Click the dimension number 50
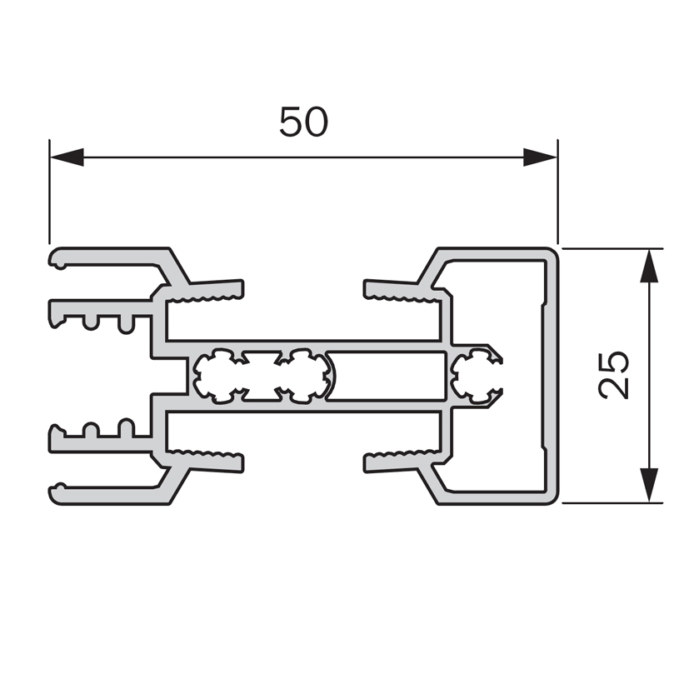point(303,122)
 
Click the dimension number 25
point(614,375)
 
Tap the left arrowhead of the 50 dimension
point(67,157)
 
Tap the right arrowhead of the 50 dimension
point(540,157)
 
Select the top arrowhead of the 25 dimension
point(649,266)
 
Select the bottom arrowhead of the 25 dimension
point(649,485)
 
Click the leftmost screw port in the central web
point(219,376)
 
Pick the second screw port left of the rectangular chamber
point(304,376)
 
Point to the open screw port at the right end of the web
point(477,376)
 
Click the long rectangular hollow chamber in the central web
point(386,376)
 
